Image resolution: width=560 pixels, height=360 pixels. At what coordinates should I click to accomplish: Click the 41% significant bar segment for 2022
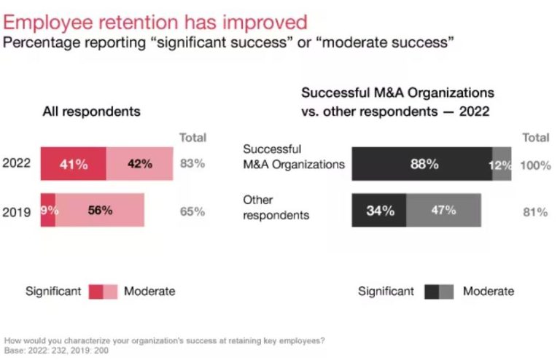click(x=73, y=164)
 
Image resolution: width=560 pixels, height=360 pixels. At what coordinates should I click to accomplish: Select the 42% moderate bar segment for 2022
click(x=140, y=164)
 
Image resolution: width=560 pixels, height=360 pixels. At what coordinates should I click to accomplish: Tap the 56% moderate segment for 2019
click(x=100, y=211)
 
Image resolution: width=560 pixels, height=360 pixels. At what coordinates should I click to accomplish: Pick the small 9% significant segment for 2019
click(x=47, y=211)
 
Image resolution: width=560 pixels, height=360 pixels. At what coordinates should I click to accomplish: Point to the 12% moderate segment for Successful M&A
click(x=502, y=165)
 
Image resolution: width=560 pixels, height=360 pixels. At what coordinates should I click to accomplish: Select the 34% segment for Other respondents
click(x=378, y=211)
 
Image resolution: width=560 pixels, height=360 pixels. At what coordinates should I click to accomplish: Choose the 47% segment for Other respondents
click(x=443, y=211)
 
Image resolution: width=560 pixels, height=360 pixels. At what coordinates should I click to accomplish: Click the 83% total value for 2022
click(x=192, y=164)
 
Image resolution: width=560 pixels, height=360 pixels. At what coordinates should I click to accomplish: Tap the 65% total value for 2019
click(x=192, y=211)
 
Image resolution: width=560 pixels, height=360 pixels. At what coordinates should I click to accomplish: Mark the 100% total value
click(x=535, y=165)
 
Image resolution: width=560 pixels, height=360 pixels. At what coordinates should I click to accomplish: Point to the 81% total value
click(x=535, y=212)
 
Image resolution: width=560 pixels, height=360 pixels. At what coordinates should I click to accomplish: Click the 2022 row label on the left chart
click(x=17, y=164)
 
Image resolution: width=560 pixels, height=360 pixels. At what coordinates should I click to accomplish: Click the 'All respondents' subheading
click(x=91, y=112)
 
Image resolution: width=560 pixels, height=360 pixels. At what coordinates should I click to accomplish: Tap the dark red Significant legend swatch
click(x=96, y=291)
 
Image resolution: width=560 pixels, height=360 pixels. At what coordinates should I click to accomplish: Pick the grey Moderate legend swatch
click(x=446, y=291)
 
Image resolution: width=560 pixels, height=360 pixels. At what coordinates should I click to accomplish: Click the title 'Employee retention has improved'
click(x=155, y=21)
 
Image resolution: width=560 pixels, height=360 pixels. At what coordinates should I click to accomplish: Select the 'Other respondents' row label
click(x=276, y=208)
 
